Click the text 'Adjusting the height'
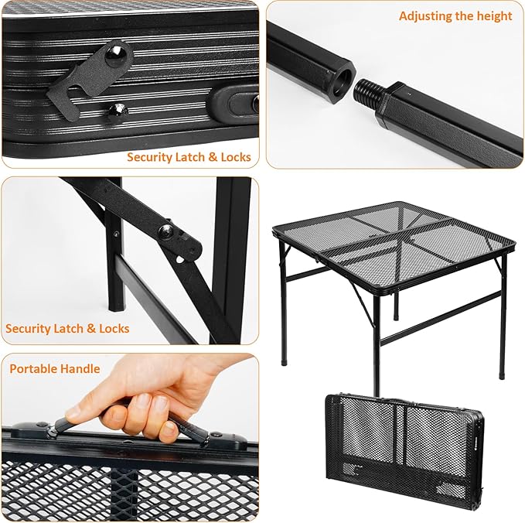click(455, 15)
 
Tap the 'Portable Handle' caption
click(55, 368)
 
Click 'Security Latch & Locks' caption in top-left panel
click(189, 156)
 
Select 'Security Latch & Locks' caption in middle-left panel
click(67, 328)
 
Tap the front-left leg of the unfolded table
click(377, 340)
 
